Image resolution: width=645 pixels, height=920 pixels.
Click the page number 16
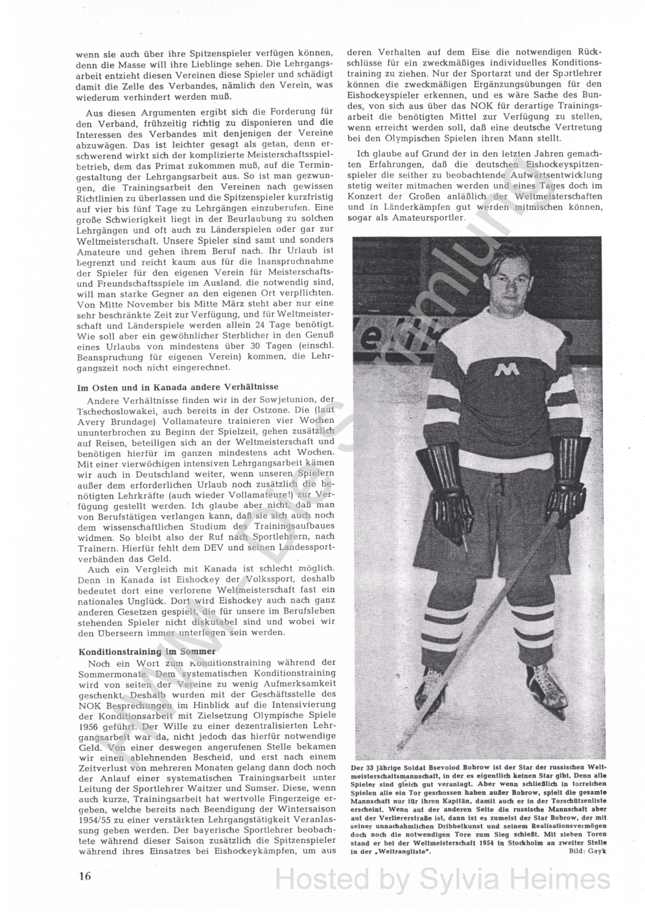(85, 875)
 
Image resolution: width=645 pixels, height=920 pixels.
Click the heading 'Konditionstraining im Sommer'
(147, 651)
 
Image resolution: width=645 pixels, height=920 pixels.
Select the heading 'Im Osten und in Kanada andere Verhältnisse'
(178, 387)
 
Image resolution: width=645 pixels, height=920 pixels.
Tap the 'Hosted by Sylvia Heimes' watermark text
(443, 880)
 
